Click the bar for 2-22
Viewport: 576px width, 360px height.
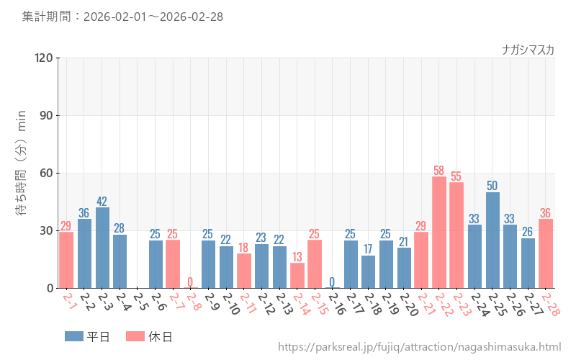click(x=439, y=232)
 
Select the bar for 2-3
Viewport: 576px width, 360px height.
click(x=102, y=248)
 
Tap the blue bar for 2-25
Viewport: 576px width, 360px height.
click(x=492, y=240)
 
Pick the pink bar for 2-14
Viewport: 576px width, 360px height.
click(x=297, y=275)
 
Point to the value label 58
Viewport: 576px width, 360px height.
click(x=439, y=171)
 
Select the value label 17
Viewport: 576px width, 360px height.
click(x=368, y=250)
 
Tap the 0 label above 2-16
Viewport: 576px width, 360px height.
click(x=332, y=282)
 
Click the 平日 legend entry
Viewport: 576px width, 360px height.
click(x=87, y=336)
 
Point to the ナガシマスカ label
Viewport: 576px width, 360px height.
click(x=528, y=50)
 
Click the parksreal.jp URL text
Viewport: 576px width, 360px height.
click(x=419, y=347)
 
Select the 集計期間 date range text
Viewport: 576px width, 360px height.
click(x=122, y=16)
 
